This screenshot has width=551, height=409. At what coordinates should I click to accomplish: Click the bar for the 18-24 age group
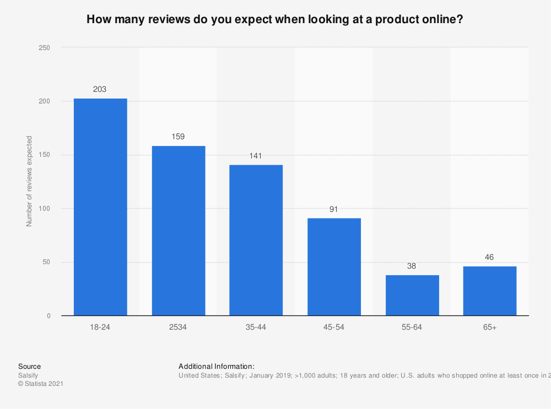pos(100,207)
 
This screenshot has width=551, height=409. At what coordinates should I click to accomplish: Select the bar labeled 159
pos(179,231)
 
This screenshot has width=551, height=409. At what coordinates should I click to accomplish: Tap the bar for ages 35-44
pos(256,240)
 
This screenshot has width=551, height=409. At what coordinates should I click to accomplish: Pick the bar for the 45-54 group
pos(334,267)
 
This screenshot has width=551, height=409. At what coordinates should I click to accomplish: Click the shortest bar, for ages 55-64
pos(412,295)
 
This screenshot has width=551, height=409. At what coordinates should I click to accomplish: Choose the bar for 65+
pos(490,291)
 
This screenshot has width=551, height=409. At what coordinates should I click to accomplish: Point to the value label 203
pos(100,89)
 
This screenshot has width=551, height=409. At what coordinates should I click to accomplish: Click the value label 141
pos(256,156)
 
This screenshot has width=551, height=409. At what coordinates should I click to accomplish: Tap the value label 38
pos(412,266)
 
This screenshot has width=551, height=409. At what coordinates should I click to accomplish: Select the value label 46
pos(490,257)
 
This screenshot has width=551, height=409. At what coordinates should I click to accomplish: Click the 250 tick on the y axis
pos(45,48)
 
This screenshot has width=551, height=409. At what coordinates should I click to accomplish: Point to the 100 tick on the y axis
pos(45,209)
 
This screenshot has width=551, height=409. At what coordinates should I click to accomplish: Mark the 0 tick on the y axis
pos(48,316)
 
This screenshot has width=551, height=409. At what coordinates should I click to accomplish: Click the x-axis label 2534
pos(178,328)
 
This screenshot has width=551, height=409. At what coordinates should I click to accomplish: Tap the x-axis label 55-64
pos(412,328)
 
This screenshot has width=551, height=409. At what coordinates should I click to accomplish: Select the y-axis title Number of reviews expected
pos(29,182)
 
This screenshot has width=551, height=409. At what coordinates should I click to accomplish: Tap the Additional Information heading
pos(217,366)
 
